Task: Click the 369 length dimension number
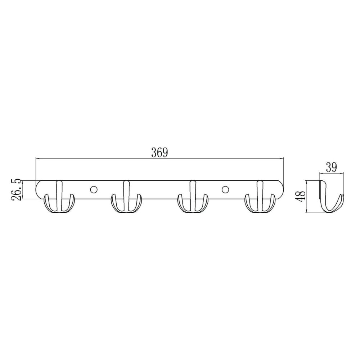point(159,153)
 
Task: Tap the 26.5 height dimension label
point(17,190)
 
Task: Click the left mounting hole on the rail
point(94,190)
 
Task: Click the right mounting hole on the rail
point(225,190)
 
